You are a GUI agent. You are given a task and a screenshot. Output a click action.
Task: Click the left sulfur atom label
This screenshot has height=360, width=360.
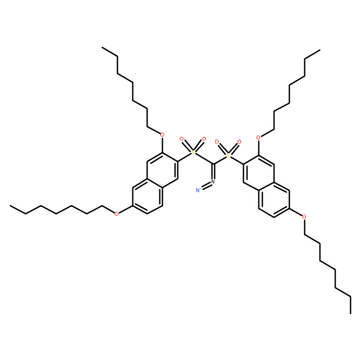pyautogui.click(x=193, y=153)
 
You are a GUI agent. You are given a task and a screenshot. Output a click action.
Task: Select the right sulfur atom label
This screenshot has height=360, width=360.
pyautogui.click(x=228, y=156)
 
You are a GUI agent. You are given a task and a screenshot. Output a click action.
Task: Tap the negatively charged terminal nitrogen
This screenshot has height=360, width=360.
pyautogui.click(x=197, y=190)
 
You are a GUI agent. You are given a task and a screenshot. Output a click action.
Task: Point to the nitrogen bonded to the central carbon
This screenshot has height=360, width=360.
pyautogui.click(x=213, y=182)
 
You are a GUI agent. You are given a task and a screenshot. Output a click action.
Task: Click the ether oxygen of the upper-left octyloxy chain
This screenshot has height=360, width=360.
pyautogui.click(x=162, y=135)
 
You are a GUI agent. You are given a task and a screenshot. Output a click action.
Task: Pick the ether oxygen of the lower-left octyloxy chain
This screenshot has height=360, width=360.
pyautogui.click(x=117, y=214)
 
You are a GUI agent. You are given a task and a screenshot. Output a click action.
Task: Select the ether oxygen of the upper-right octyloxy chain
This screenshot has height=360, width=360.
pyautogui.click(x=258, y=138)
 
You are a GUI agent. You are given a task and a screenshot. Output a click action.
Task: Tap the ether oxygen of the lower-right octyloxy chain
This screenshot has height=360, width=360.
pyautogui.click(x=304, y=216)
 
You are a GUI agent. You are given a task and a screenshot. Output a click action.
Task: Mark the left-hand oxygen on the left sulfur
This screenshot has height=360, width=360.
pyautogui.click(x=181, y=139)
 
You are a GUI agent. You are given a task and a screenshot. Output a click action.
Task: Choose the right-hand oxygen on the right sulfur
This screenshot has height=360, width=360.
pyautogui.click(x=239, y=141)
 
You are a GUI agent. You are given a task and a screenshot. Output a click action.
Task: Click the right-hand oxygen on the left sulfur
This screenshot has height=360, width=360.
pyautogui.click(x=204, y=139)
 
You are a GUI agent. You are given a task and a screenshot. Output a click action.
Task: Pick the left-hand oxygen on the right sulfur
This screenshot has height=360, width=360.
pyautogui.click(x=217, y=141)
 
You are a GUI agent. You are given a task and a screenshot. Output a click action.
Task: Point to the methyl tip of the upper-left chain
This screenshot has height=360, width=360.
pyautogui.click(x=102, y=47)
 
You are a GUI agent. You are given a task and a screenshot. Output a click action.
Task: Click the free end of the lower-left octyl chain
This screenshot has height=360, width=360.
pyautogui.click(x=10, y=206)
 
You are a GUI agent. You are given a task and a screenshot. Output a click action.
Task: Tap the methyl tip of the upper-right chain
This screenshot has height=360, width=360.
pyautogui.click(x=319, y=49)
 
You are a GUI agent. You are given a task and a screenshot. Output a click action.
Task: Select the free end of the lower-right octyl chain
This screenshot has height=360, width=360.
pyautogui.click(x=350, y=313)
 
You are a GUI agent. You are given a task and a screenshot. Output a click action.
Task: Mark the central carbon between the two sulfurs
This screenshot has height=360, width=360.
pyautogui.click(x=213, y=164)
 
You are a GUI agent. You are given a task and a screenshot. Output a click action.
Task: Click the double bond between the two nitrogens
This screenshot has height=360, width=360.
pyautogui.click(x=205, y=185)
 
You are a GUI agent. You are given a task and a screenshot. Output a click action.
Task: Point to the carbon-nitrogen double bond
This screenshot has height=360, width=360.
pyautogui.click(x=213, y=172)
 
